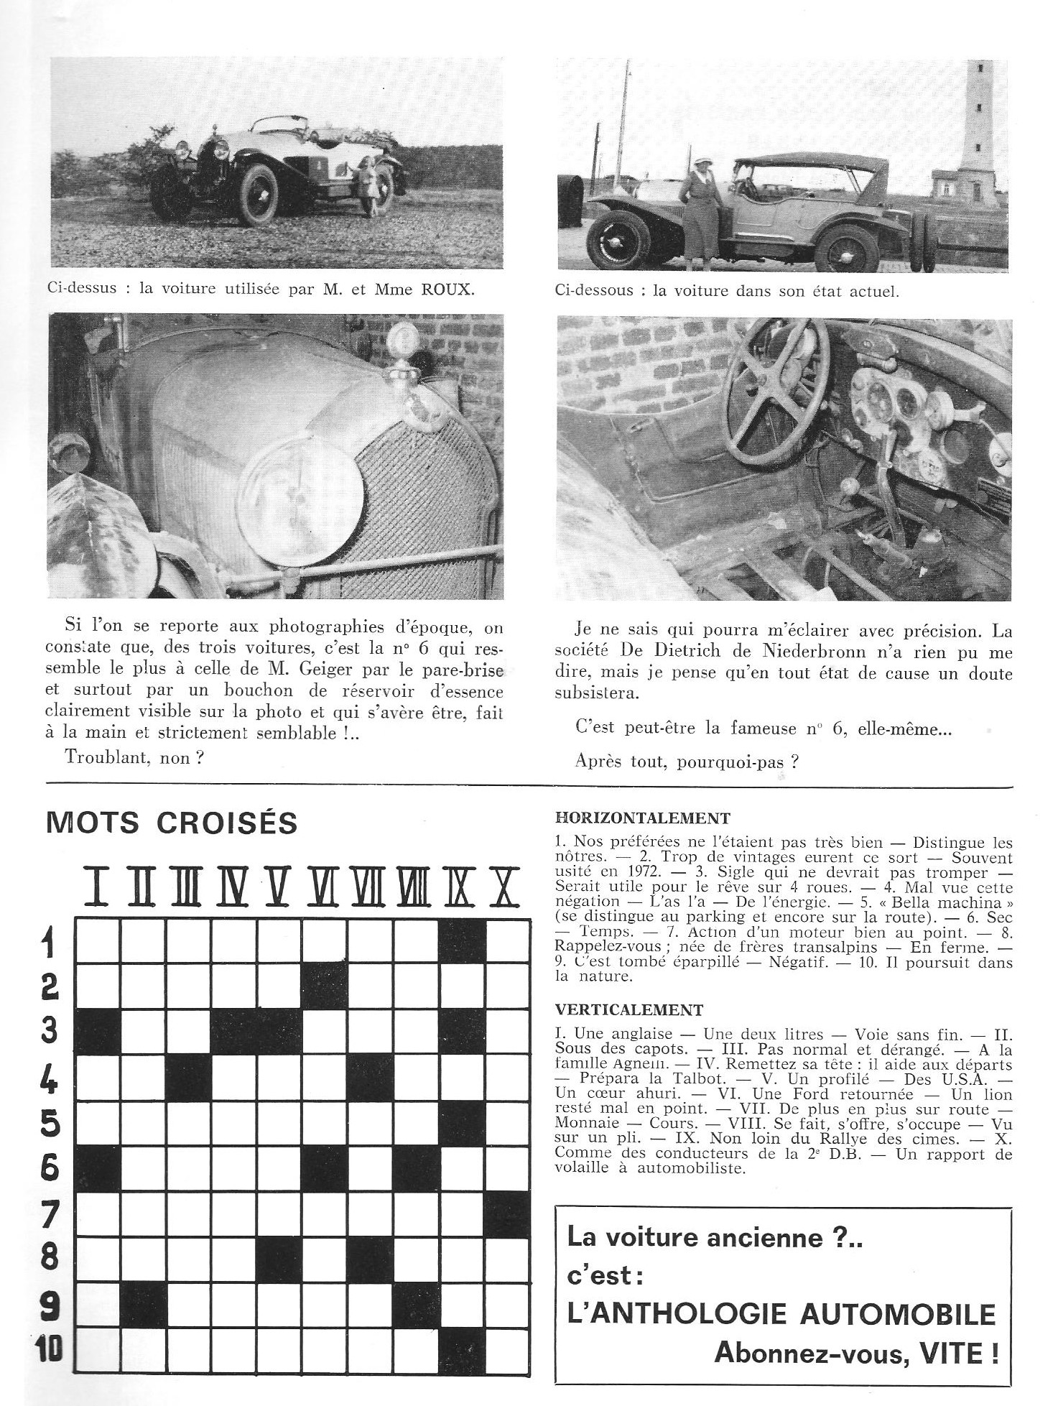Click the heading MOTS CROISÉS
point(172,823)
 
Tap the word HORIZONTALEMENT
point(644,818)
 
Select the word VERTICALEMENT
point(629,1010)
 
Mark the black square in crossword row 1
point(462,941)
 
